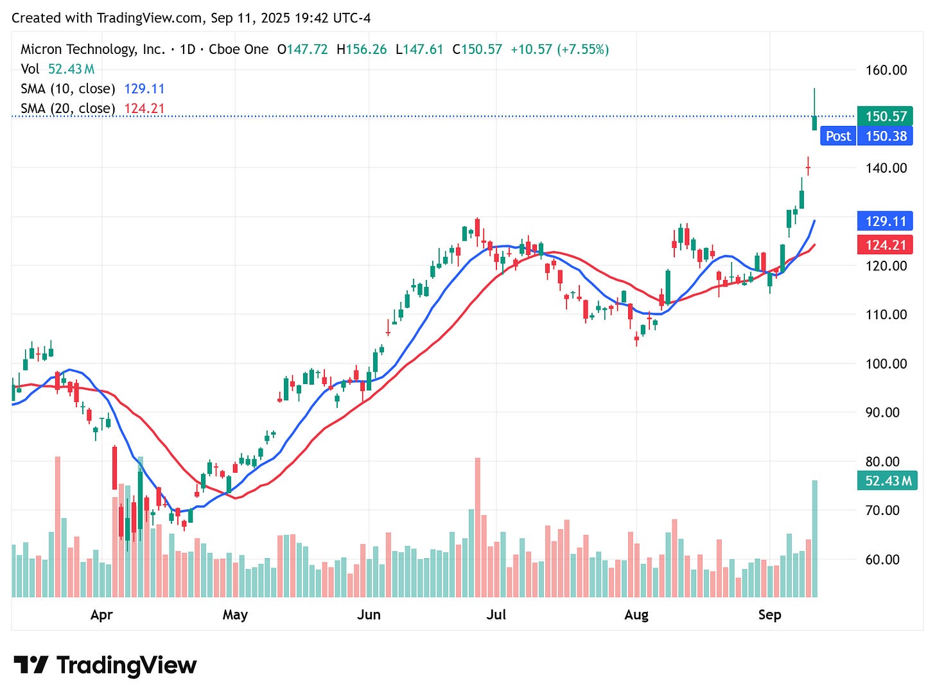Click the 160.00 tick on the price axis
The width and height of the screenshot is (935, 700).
(886, 70)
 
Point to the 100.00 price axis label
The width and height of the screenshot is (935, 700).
(886, 363)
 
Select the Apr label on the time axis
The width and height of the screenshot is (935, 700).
(101, 615)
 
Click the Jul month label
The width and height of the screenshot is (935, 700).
(496, 615)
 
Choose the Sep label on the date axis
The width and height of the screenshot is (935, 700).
(769, 615)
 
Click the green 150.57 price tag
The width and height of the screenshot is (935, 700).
(886, 116)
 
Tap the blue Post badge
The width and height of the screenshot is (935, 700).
(838, 136)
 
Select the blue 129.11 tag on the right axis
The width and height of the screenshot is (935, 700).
(886, 222)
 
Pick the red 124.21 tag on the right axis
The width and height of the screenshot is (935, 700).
(886, 245)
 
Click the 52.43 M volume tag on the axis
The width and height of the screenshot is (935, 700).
(887, 481)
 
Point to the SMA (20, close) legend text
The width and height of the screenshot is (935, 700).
(68, 109)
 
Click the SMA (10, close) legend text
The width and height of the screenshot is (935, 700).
(68, 89)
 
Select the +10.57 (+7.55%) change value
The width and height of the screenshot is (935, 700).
(559, 49)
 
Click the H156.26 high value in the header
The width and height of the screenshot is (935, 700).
(362, 49)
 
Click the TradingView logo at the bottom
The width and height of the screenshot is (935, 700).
(105, 665)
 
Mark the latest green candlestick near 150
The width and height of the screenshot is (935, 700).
(814, 122)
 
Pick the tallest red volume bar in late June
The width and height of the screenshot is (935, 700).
(477, 527)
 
